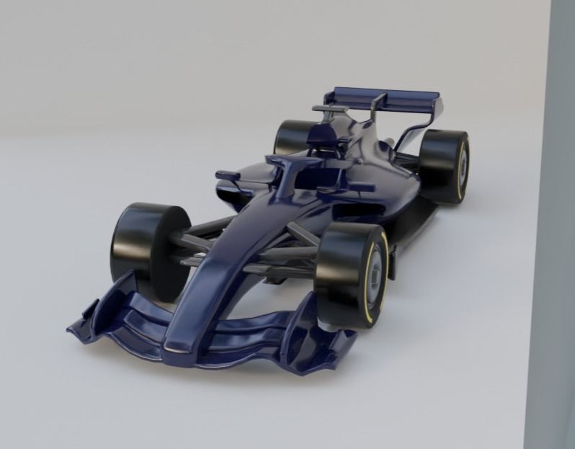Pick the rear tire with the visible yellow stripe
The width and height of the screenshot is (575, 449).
pos(444,165)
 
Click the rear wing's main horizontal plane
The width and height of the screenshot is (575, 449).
pos(383,97)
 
